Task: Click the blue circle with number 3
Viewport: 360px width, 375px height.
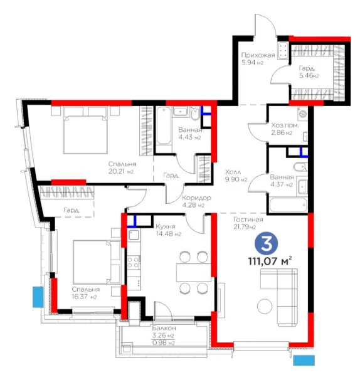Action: [266, 243]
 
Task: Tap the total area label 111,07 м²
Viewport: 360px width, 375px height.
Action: [270, 261]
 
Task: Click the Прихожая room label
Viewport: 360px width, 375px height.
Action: [258, 55]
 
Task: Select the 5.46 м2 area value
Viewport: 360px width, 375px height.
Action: [309, 76]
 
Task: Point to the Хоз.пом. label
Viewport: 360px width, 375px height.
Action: [285, 125]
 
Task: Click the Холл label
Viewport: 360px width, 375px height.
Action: [233, 172]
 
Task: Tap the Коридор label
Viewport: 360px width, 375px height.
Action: [197, 198]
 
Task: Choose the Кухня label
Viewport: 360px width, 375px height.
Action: [166, 226]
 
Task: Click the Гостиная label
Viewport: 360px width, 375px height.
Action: [248, 219]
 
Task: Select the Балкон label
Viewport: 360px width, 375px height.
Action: [164, 328]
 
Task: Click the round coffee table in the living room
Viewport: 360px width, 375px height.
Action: [265, 307]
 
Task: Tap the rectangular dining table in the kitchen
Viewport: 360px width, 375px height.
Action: [194, 272]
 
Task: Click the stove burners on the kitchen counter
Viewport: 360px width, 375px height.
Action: [134, 262]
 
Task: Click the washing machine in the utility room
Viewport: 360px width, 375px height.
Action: [303, 114]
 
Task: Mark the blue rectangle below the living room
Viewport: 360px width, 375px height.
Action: [304, 361]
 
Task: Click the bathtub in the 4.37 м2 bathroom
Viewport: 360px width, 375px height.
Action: [288, 204]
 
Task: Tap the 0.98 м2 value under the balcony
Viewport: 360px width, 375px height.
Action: [163, 343]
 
